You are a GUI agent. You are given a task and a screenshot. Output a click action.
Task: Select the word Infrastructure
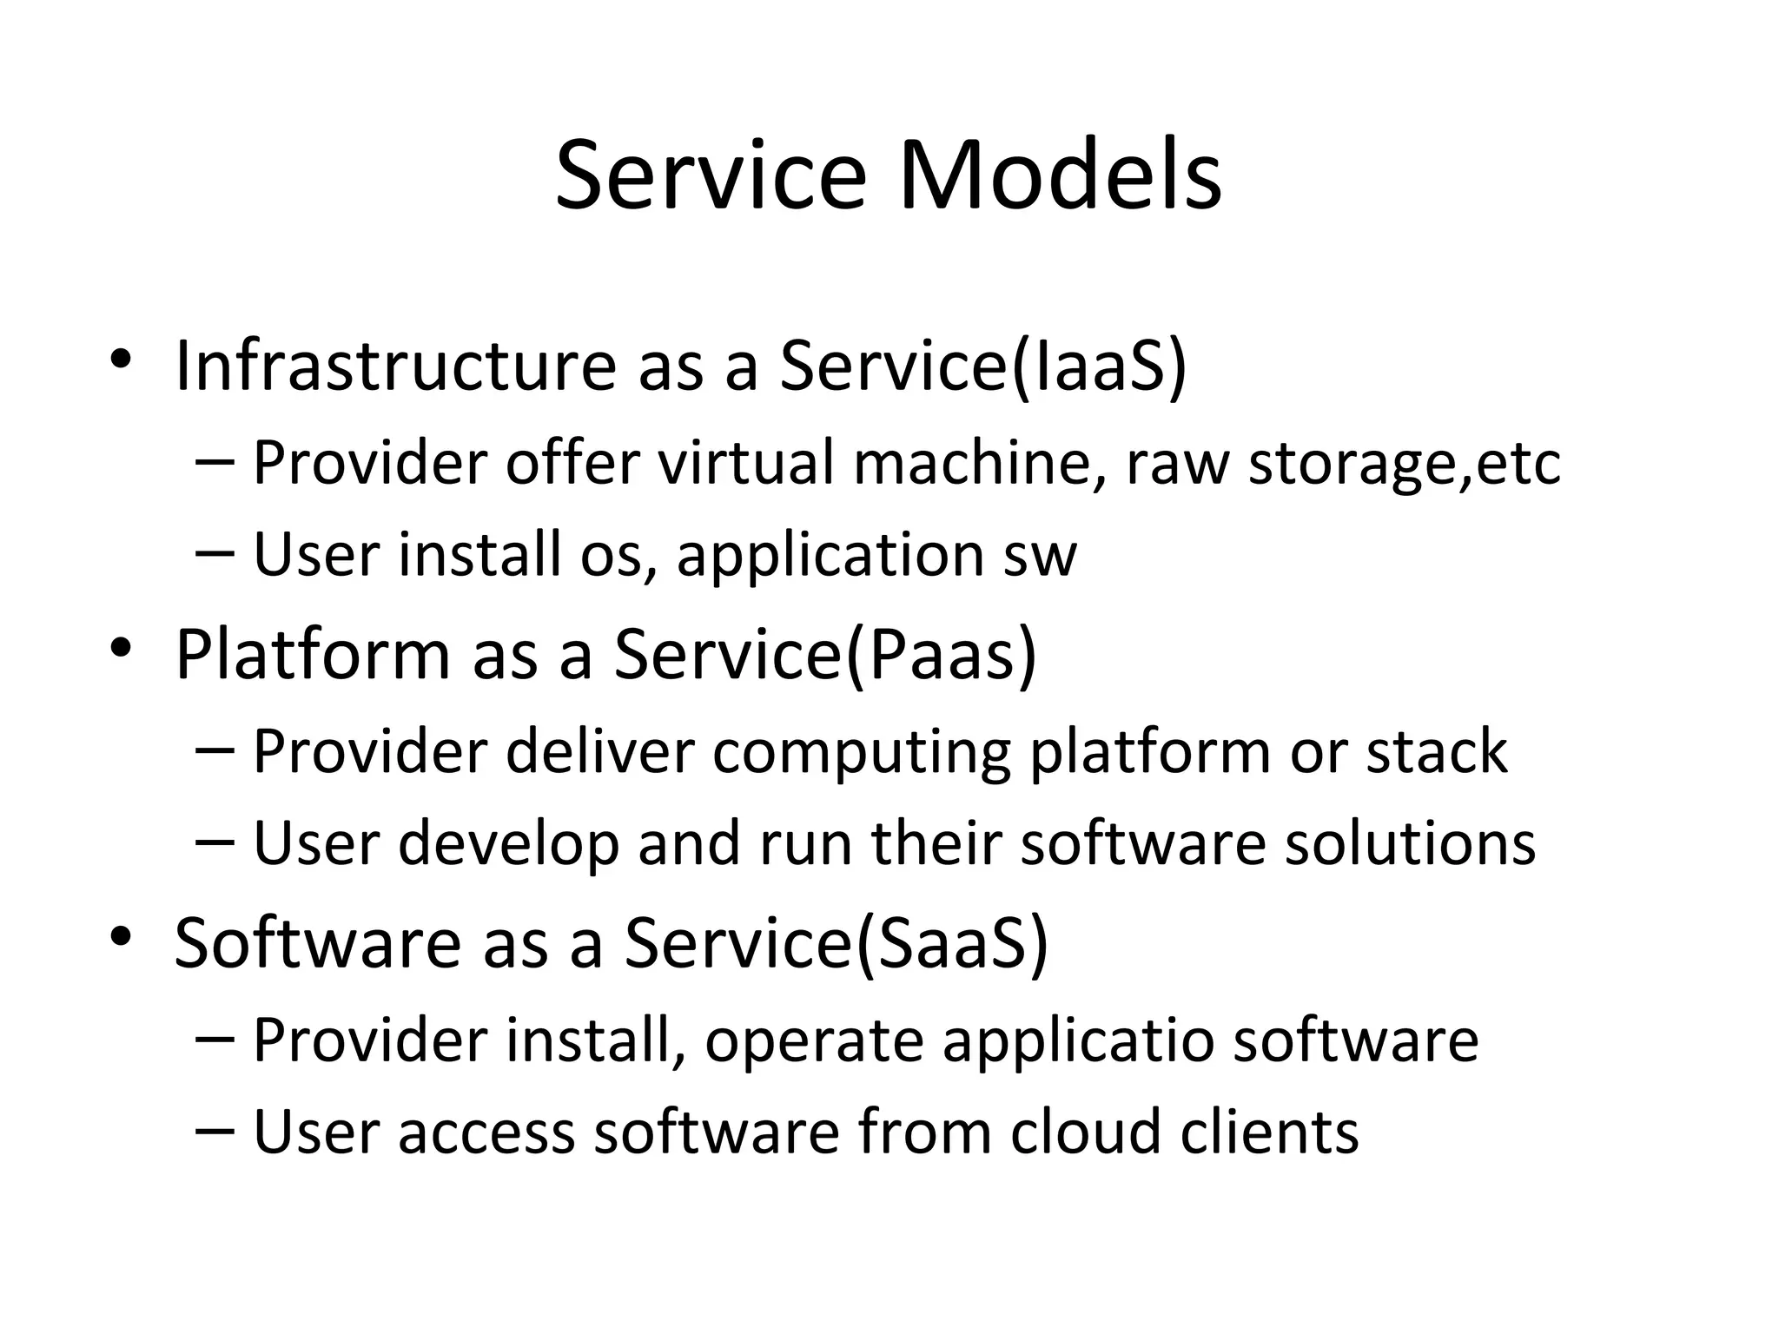[395, 366]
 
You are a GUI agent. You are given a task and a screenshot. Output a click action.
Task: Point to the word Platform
[313, 654]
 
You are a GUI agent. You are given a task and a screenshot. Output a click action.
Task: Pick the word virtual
[745, 462]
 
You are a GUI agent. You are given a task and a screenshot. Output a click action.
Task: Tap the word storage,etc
[1404, 462]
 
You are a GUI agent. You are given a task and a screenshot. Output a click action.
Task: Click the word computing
[861, 752]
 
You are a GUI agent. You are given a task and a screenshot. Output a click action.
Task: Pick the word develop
[508, 844]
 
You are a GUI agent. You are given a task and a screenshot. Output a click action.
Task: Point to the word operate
[814, 1040]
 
